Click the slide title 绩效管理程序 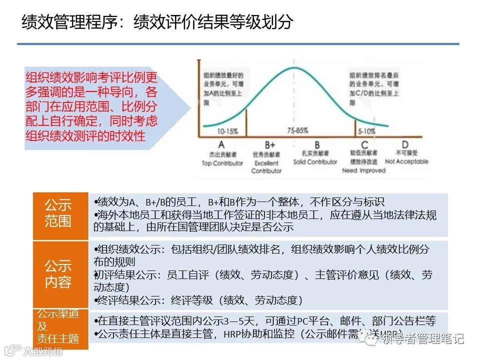[70, 22]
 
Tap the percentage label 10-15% [227, 131]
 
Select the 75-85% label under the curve [297, 131]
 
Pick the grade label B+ [264, 144]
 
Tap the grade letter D [405, 144]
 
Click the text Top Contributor [222, 162]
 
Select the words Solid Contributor [315, 162]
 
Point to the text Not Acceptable [406, 161]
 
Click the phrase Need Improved [363, 170]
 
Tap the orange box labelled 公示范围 [58, 213]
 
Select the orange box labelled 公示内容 [58, 273]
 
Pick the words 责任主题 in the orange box [58, 338]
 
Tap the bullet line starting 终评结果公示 [198, 300]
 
